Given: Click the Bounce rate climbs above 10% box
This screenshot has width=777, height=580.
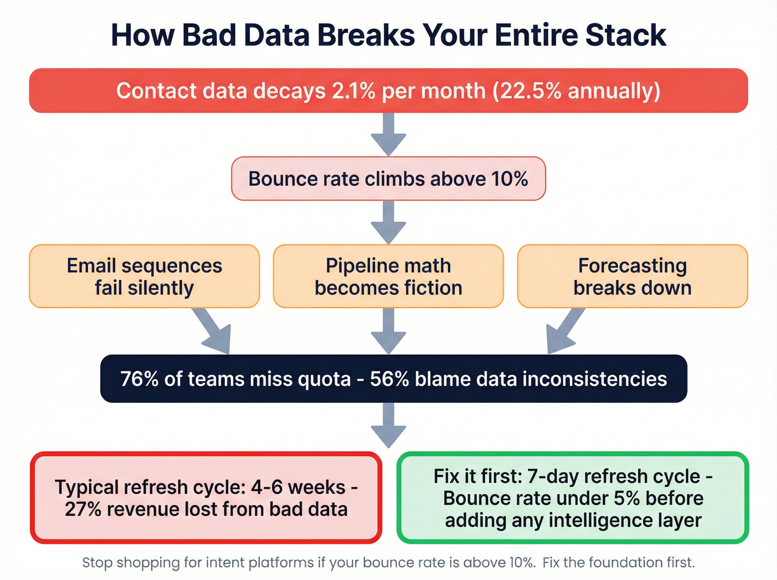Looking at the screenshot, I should pos(388,179).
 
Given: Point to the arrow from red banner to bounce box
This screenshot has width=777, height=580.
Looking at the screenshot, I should pos(389,134).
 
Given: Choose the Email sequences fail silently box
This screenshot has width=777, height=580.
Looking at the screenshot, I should pos(144,276).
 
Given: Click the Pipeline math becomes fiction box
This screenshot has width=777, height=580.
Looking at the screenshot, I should pos(389,276).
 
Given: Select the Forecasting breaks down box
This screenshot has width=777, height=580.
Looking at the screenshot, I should pos(632,276).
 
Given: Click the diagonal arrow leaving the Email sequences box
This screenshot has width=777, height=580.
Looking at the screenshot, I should pos(214,332).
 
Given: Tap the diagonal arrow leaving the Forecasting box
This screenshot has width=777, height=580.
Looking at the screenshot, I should pos(564,332).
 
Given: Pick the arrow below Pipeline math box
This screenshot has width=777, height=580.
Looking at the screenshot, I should pos(389,331).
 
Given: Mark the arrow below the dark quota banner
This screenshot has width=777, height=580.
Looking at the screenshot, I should pos(389,425).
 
